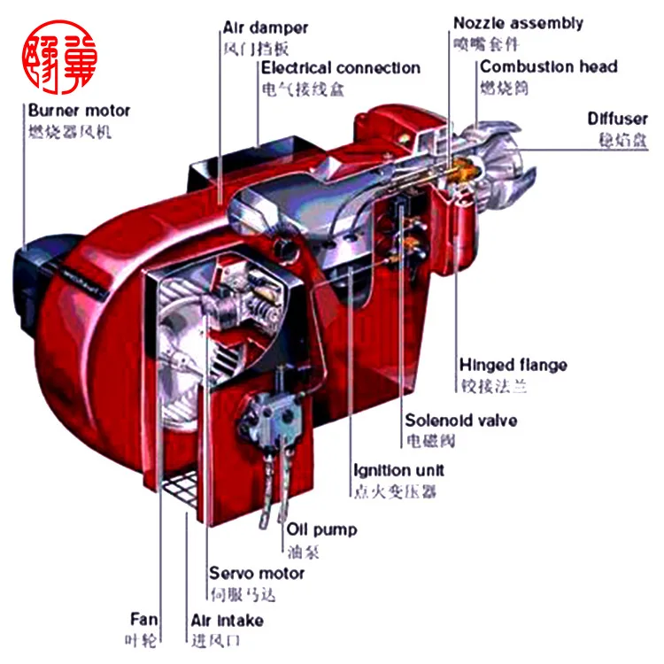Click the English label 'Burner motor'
(79, 112)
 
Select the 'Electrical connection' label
(340, 68)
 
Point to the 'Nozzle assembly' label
(518, 23)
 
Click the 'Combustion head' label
(548, 67)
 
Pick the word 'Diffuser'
(618, 119)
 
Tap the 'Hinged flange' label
(513, 365)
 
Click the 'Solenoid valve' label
(460, 420)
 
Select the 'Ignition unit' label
(398, 470)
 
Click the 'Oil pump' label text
(321, 529)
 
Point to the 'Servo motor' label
(256, 574)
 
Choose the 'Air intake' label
(227, 620)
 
